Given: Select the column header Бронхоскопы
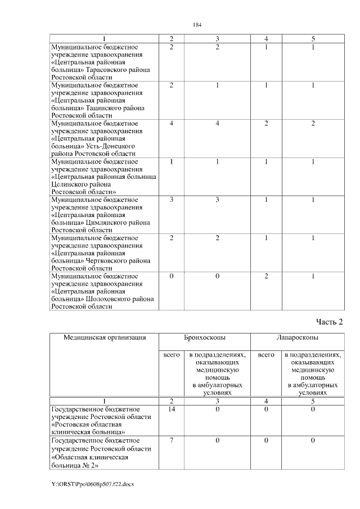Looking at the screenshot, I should point(205,337).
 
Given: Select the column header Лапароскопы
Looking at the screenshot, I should point(296,337).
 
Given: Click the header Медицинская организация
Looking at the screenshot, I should point(105,337).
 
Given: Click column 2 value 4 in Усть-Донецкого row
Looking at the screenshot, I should point(172,123).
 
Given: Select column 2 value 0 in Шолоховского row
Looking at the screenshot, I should point(172,276).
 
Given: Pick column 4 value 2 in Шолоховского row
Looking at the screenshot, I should point(266,276).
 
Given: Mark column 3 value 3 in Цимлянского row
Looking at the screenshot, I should point(217,200).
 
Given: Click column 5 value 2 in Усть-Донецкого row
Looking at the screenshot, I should point(313,123).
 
